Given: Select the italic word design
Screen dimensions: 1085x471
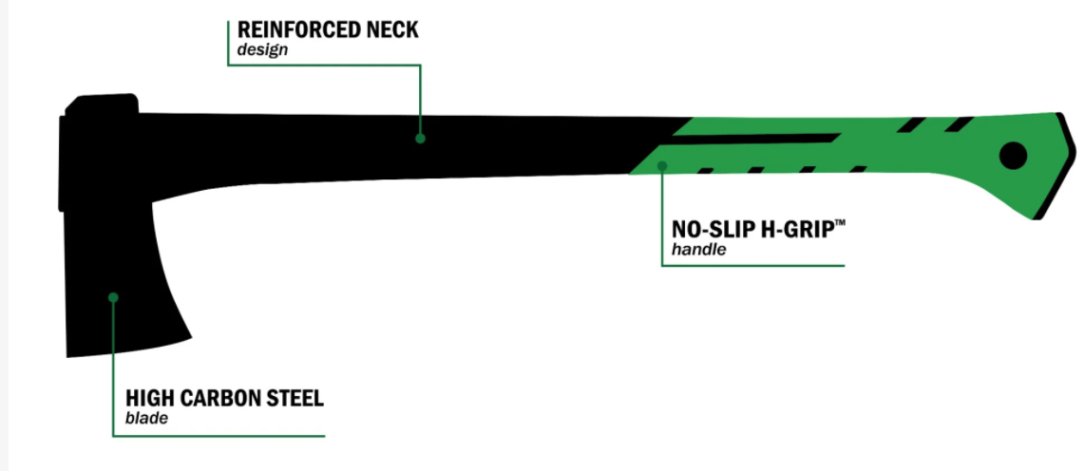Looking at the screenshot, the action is tap(257, 50).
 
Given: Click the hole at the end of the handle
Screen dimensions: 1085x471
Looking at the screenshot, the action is tap(1014, 156).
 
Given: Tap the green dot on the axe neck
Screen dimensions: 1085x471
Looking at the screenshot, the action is tap(420, 139).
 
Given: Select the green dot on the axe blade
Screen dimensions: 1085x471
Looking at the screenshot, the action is tap(113, 297).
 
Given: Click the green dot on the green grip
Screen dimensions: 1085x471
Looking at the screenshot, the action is tap(663, 165).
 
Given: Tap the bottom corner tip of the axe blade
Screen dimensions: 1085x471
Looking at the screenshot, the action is tap(69, 355).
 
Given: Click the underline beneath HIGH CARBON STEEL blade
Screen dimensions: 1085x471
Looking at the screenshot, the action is tap(219, 436).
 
